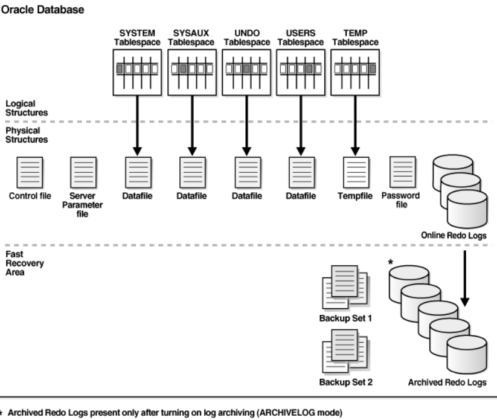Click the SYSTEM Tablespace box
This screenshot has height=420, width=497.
tap(137, 73)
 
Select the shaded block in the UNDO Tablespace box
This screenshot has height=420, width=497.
tap(246, 69)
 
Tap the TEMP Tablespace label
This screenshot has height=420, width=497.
tap(355, 37)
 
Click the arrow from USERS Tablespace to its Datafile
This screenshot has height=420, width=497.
tap(301, 126)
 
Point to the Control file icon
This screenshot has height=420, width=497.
tap(30, 173)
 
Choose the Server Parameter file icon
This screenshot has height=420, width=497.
tap(83, 173)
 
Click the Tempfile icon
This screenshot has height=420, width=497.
tap(356, 173)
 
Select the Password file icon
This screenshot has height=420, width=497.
tap(403, 172)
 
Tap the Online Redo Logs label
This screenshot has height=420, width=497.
tap(454, 235)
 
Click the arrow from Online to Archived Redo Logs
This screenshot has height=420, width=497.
tap(465, 279)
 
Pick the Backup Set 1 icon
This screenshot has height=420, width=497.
tap(345, 287)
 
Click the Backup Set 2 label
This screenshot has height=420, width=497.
tap(346, 383)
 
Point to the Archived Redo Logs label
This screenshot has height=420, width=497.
tap(447, 383)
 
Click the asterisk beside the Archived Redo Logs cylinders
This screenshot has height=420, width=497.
tap(391, 262)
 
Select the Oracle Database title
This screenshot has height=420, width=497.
tap(42, 10)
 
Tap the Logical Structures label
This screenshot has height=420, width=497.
tap(27, 108)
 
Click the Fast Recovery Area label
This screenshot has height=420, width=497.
tap(25, 263)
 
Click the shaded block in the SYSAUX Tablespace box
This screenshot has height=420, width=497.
tap(183, 69)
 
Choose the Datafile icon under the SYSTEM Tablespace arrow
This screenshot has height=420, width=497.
tap(138, 173)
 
